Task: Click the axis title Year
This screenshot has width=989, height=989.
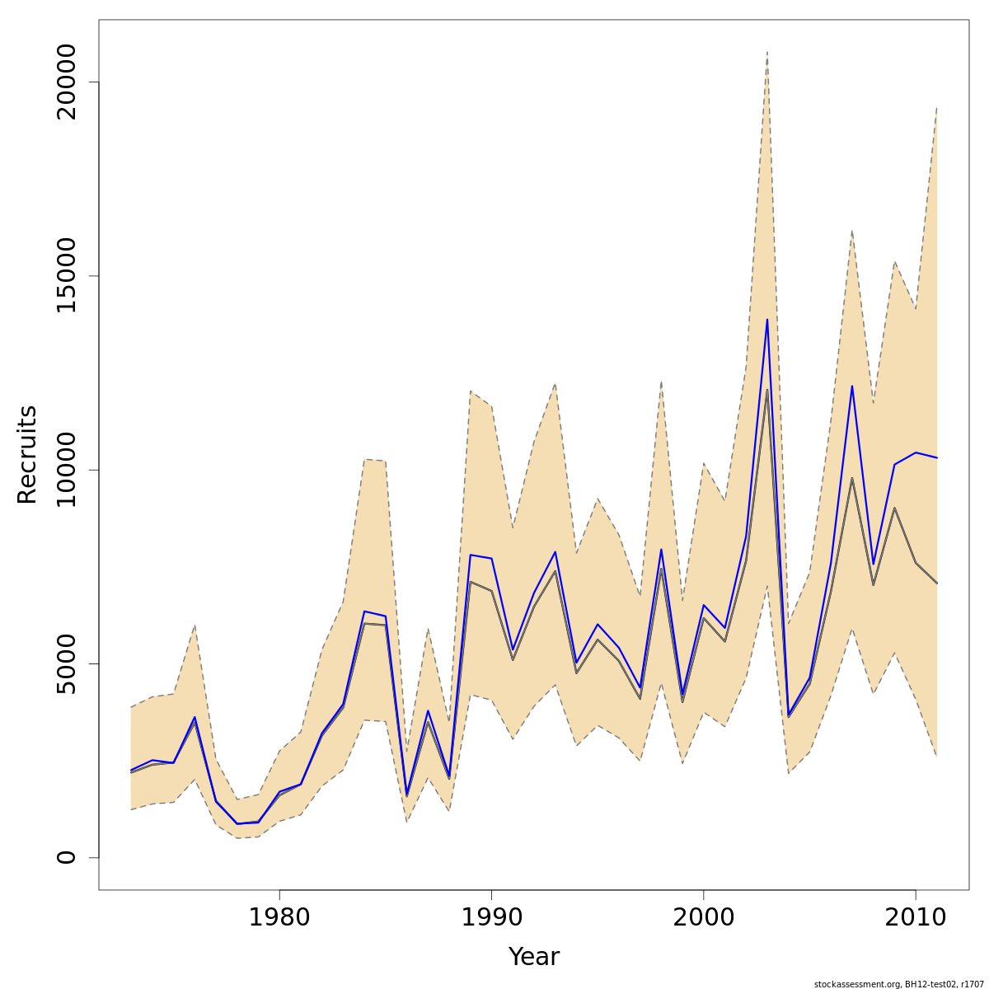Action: (x=533, y=957)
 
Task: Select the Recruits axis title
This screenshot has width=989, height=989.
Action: (x=27, y=454)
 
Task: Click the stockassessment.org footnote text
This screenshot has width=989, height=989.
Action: (x=898, y=984)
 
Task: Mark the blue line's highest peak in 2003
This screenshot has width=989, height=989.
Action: (x=767, y=320)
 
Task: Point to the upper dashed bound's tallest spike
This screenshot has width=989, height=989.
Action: (x=767, y=52)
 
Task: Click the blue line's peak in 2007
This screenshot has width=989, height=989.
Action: (x=852, y=386)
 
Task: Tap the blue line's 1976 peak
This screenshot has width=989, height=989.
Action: (x=195, y=717)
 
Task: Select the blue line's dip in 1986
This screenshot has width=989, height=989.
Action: (x=406, y=794)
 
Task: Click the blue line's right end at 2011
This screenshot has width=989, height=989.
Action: (x=937, y=457)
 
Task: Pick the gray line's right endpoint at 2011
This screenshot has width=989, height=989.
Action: (x=937, y=583)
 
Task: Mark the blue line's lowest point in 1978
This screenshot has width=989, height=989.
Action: (x=237, y=823)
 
